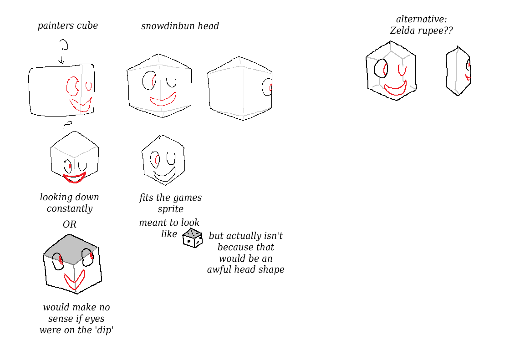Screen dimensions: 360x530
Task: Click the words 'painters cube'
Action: click(67, 25)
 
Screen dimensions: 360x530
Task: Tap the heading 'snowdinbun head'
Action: click(180, 26)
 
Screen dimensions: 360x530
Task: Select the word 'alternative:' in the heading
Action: click(421, 19)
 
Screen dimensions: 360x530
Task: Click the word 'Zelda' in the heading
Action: click(404, 30)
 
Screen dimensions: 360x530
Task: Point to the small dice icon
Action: click(193, 238)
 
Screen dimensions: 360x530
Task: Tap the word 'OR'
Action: click(70, 224)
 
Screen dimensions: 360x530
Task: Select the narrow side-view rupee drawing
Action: click(458, 71)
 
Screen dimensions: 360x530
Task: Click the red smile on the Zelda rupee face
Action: click(395, 89)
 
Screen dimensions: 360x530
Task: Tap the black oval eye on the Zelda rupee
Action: click(381, 69)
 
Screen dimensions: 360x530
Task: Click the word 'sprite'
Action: click(171, 209)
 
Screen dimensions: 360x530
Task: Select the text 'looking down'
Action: click(69, 197)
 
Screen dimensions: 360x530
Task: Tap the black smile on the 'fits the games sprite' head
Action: click(164, 175)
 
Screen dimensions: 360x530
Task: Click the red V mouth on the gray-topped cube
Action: click(74, 280)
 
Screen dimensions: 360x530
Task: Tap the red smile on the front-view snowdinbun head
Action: click(163, 99)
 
